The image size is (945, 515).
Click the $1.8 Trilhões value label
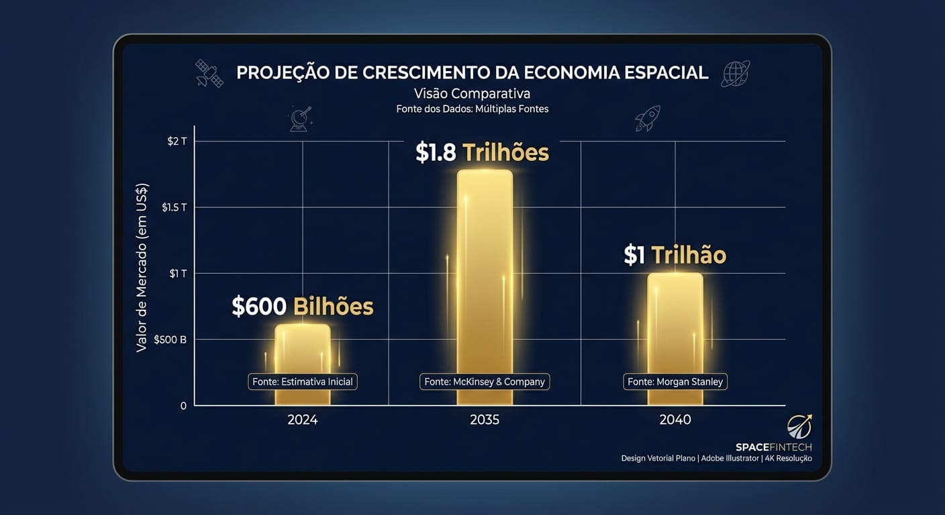click(482, 153)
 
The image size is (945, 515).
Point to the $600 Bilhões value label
click(302, 306)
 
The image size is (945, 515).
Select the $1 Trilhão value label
click(675, 255)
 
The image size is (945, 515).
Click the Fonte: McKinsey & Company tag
click(485, 382)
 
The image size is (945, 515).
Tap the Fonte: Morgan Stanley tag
click(675, 382)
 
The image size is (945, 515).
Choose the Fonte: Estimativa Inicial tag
click(303, 382)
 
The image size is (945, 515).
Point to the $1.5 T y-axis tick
click(174, 207)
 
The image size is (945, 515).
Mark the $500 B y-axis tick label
click(170, 339)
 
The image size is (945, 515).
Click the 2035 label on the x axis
click(485, 420)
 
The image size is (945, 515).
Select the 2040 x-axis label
click(675, 420)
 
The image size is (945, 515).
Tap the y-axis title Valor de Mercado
click(142, 267)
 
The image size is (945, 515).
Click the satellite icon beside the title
click(209, 73)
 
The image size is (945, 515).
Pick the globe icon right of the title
click(735, 73)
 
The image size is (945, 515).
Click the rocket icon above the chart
click(648, 118)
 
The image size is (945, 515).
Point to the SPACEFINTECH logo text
click(774, 447)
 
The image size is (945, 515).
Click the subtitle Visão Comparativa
click(472, 93)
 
